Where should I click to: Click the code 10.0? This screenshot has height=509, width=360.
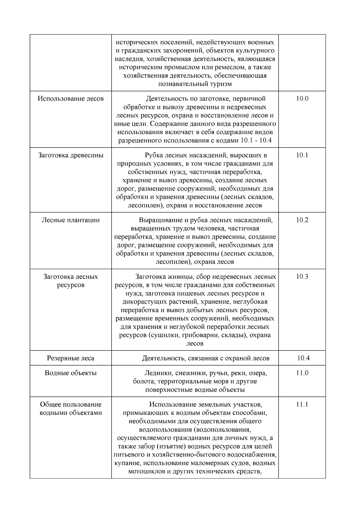pyautogui.click(x=302, y=99)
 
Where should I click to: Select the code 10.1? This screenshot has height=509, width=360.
pyautogui.click(x=302, y=155)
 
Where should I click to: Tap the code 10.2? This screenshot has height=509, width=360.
pyautogui.click(x=302, y=220)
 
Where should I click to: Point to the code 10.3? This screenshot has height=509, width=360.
pyautogui.click(x=302, y=277)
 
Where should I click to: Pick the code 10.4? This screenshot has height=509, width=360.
pyautogui.click(x=304, y=358)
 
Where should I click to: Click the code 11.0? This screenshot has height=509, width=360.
pyautogui.click(x=302, y=373)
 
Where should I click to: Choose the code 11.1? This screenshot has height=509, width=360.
pyautogui.click(x=302, y=404)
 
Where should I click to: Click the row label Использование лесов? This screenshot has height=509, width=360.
pyautogui.click(x=71, y=99)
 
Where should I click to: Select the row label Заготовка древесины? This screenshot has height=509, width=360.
pyautogui.click(x=71, y=155)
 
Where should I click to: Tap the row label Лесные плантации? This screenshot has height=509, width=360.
pyautogui.click(x=71, y=220)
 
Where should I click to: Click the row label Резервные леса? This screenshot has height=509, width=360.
pyautogui.click(x=71, y=358)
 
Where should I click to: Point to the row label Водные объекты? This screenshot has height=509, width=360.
pyautogui.click(x=71, y=373)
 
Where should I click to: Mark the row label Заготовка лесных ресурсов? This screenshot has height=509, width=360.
pyautogui.click(x=71, y=281)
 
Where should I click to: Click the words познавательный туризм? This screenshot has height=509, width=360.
pyautogui.click(x=195, y=84)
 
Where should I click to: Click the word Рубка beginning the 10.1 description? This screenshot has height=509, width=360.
pyautogui.click(x=153, y=155)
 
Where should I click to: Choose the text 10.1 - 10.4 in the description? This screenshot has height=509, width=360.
pyautogui.click(x=256, y=140)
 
